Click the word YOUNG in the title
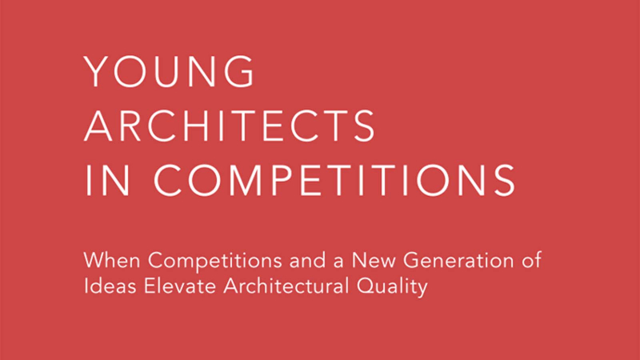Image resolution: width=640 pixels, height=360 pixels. click(169, 71)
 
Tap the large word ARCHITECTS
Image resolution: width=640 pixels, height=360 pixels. click(229, 126)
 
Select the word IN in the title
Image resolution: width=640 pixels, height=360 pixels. click(108, 180)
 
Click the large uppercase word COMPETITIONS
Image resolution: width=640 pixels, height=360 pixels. click(334, 180)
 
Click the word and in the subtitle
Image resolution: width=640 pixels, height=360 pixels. click(306, 260)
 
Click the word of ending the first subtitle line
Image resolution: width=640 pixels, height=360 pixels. click(531, 260)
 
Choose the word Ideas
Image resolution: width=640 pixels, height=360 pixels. click(110, 286)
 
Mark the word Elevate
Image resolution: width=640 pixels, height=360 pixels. click(179, 286)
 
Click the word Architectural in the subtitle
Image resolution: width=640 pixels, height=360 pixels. click(286, 286)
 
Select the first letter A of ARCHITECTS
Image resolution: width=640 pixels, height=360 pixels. click(98, 126)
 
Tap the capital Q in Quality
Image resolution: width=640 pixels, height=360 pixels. click(366, 286)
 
